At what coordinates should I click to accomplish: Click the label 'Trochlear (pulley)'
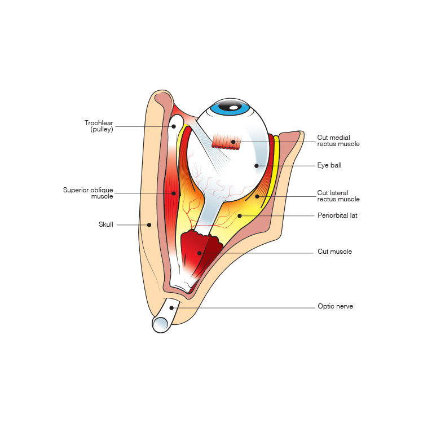click(x=99, y=126)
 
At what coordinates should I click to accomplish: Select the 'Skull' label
click(x=105, y=224)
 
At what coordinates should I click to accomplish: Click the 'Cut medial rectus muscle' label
click(x=338, y=140)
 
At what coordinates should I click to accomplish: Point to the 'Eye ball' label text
click(x=329, y=166)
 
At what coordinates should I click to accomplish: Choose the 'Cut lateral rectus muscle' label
click(x=338, y=196)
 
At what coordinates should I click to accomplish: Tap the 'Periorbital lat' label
click(x=338, y=215)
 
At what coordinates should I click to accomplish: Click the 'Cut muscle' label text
click(x=334, y=252)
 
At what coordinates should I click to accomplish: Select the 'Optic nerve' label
click(x=335, y=307)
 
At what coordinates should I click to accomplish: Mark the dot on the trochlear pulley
click(x=174, y=126)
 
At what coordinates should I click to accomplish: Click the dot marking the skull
click(x=149, y=224)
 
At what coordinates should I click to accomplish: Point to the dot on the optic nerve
click(x=171, y=307)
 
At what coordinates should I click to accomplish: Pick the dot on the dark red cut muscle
click(x=199, y=253)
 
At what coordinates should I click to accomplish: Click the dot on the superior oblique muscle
click(x=174, y=193)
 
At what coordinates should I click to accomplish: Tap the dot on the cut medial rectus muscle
click(x=232, y=142)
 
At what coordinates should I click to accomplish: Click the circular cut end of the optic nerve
click(x=161, y=324)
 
